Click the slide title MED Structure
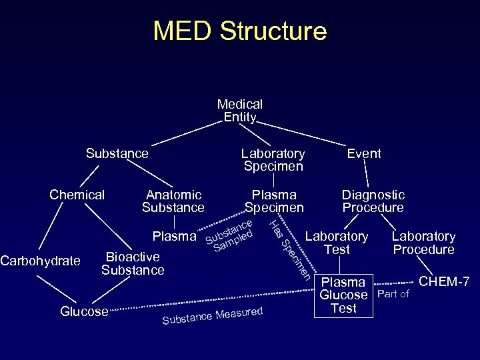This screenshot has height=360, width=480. (240, 31)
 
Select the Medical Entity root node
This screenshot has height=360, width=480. (240, 111)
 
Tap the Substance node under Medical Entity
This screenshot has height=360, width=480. (117, 153)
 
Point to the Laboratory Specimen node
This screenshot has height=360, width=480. (273, 160)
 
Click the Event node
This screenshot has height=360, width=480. (364, 153)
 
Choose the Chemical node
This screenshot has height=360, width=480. (77, 195)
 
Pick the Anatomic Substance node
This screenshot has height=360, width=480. (173, 201)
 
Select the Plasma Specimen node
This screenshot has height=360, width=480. (274, 201)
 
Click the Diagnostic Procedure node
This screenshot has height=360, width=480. (373, 201)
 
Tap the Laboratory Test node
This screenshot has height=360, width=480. (337, 243)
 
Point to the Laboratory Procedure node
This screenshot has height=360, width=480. (423, 243)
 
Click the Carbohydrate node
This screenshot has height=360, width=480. (40, 261)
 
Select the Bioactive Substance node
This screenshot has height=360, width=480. (133, 263)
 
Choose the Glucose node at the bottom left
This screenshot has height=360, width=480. (84, 311)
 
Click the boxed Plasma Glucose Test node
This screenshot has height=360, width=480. (343, 295)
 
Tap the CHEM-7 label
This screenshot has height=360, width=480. (444, 283)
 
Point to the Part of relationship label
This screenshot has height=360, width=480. (393, 294)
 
